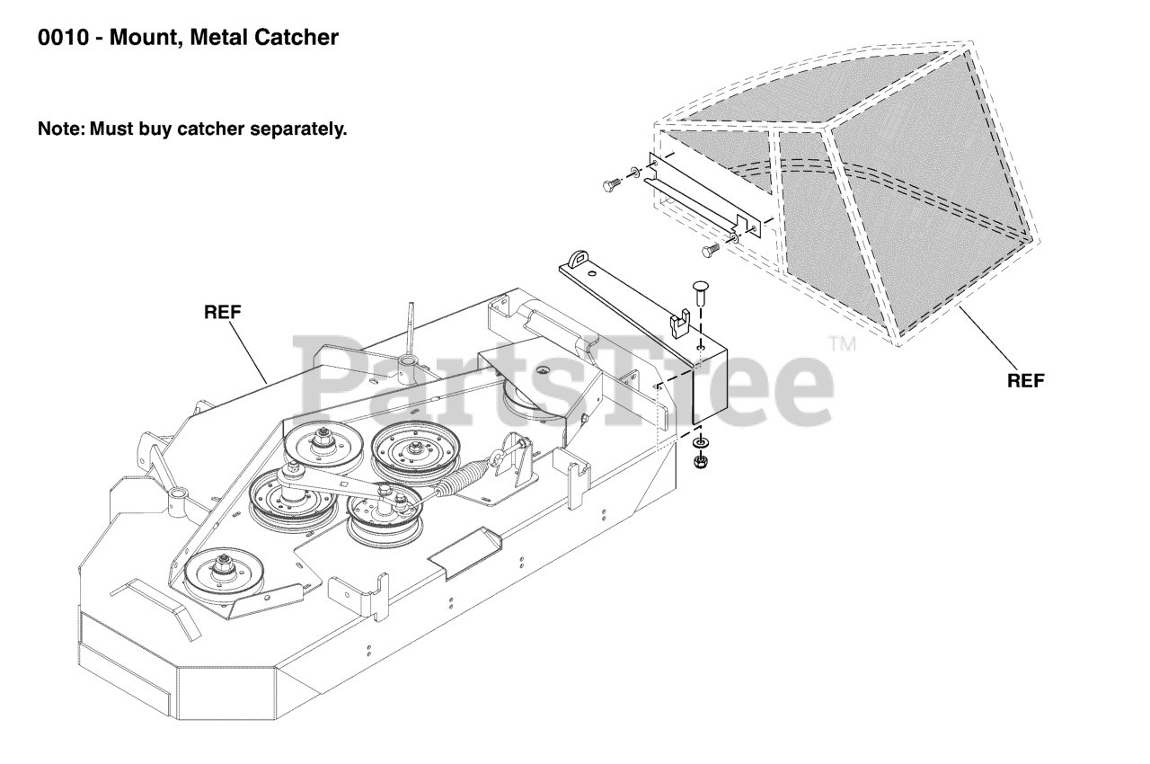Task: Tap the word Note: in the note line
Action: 60,129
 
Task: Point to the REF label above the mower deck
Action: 223,312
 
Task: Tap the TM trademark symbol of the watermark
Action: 842,343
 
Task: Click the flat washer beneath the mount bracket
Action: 700,444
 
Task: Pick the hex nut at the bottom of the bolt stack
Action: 700,463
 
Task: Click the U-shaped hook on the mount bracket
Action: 680,318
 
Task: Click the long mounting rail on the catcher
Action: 695,192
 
